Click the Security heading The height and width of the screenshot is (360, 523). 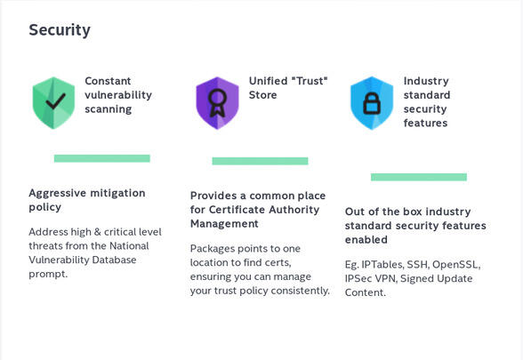click(x=60, y=30)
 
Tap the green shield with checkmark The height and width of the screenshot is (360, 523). click(x=53, y=103)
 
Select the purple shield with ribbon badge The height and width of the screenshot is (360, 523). click(x=217, y=103)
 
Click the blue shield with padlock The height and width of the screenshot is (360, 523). click(x=372, y=103)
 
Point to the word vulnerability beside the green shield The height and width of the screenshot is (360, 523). click(x=118, y=95)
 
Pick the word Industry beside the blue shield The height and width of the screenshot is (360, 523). click(x=426, y=82)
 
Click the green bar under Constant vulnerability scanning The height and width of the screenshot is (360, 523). click(x=102, y=158)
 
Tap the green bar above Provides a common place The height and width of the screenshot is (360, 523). click(x=260, y=161)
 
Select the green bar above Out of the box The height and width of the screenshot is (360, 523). click(x=419, y=177)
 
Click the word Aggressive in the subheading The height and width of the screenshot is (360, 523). click(x=58, y=194)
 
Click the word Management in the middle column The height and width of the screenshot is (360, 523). click(x=224, y=224)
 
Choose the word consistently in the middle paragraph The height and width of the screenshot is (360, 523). click(x=301, y=291)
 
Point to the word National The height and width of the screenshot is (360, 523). click(x=129, y=245)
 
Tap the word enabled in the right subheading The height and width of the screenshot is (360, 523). click(x=366, y=240)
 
